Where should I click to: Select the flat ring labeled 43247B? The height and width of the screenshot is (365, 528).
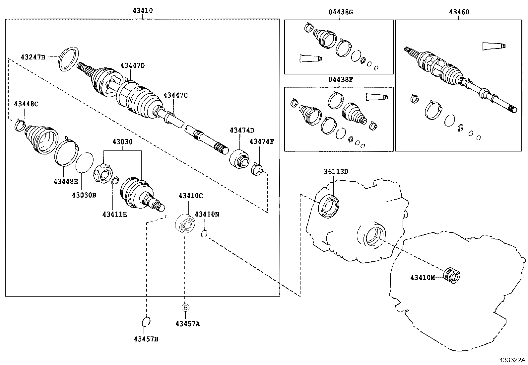coord(69,59)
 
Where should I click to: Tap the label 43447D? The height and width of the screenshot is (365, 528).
coord(132,65)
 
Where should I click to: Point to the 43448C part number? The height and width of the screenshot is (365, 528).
coord(26,104)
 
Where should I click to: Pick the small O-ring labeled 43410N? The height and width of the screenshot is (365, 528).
coord(204,234)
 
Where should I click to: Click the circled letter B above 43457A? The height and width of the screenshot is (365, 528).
coord(185,308)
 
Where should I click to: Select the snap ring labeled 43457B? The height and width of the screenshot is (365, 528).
coord(146,321)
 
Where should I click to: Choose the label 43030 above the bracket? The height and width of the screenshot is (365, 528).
coord(122,142)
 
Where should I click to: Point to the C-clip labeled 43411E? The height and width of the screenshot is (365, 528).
coord(115,181)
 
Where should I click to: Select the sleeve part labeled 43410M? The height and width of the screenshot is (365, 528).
coord(452,275)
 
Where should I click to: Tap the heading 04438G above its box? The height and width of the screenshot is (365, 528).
coord(341,12)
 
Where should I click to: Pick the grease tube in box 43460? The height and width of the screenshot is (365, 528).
coord(494,46)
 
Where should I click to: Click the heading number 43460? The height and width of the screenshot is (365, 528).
coord(459,12)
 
